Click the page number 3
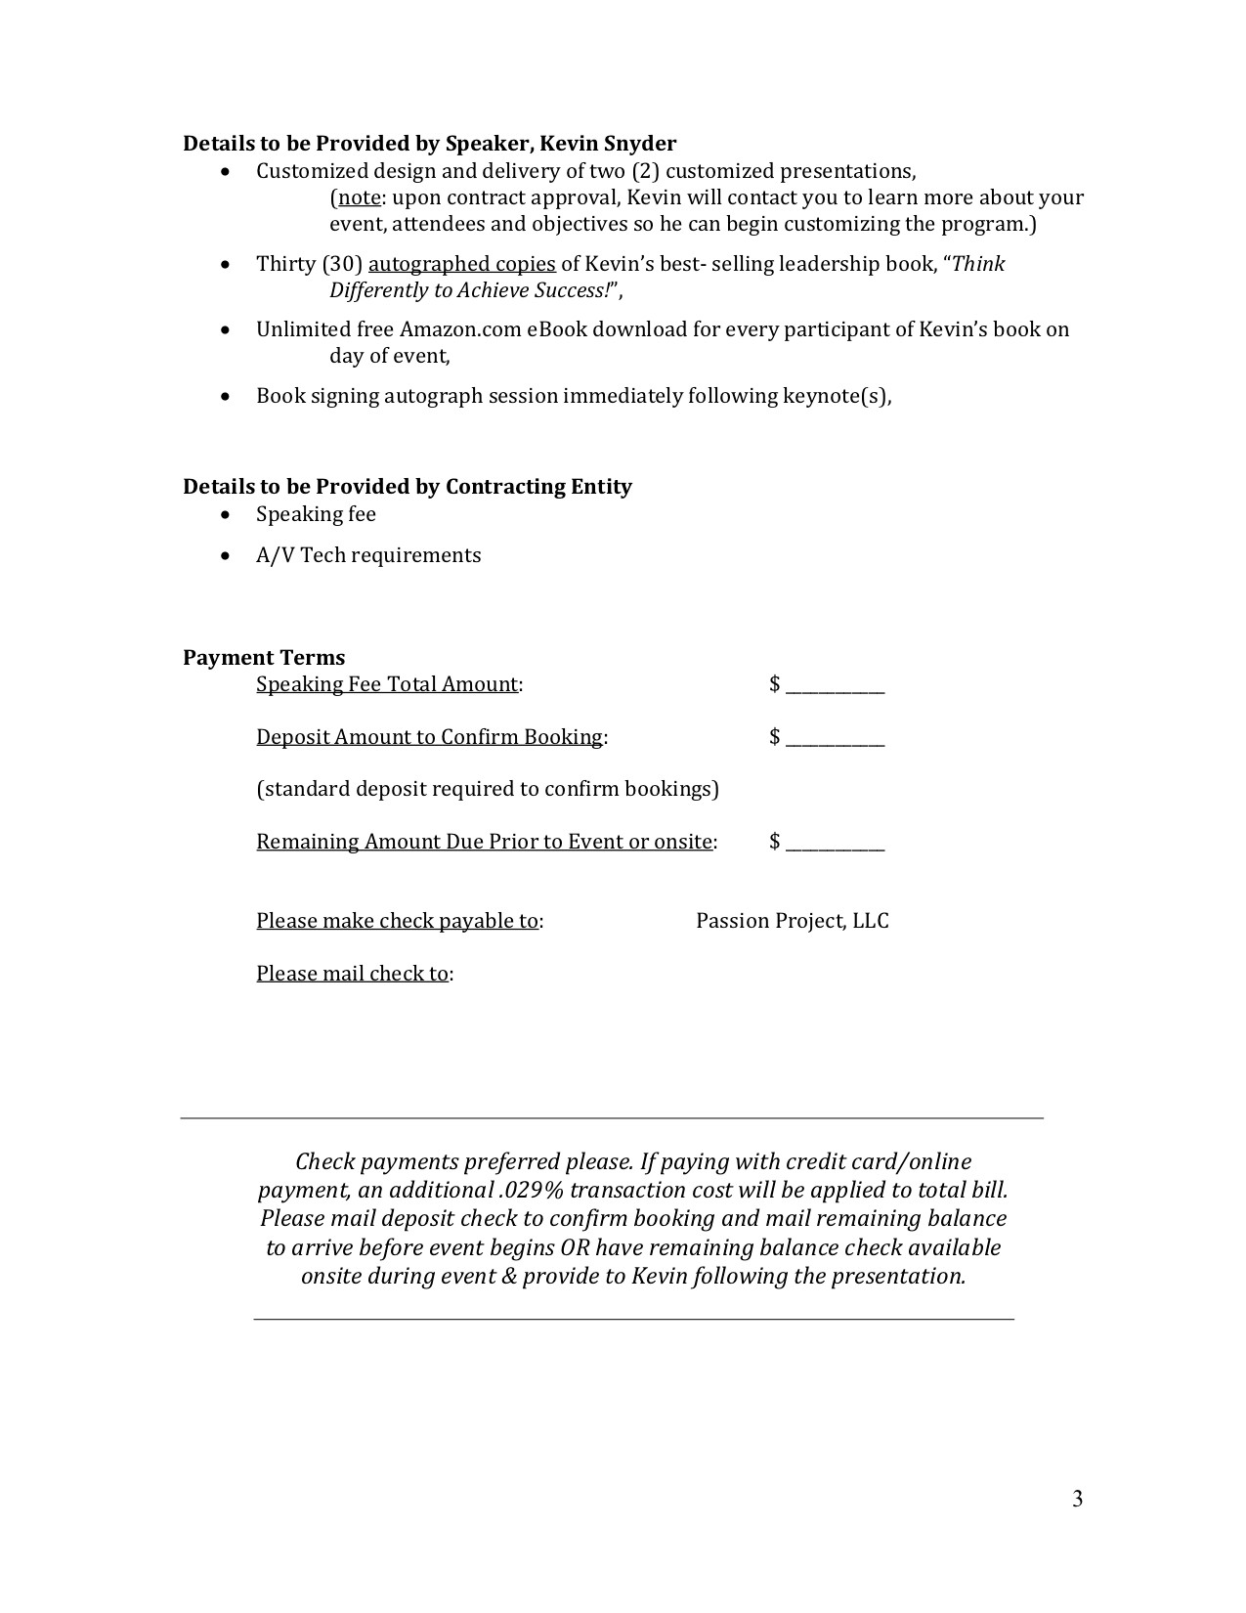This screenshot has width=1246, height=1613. point(1077,1499)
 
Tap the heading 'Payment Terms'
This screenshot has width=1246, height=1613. point(264,657)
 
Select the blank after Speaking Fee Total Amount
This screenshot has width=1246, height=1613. point(835,685)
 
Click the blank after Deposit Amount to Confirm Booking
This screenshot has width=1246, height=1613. point(835,738)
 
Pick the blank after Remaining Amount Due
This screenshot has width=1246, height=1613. point(835,843)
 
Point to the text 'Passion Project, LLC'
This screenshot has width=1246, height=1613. point(792,921)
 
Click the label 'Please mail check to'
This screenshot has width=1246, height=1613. point(352,974)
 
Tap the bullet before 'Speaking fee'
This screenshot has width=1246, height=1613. point(227,515)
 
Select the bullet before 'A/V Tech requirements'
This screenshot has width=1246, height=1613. point(227,556)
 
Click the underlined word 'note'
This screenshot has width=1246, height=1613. point(359,197)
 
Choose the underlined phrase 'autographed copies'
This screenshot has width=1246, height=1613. point(461,264)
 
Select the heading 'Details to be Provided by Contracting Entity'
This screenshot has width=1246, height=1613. point(408,487)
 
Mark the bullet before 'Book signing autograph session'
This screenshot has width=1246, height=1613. point(227,397)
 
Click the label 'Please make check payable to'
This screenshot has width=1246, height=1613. point(397,921)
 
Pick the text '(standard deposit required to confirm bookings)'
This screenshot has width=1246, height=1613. point(488,789)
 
